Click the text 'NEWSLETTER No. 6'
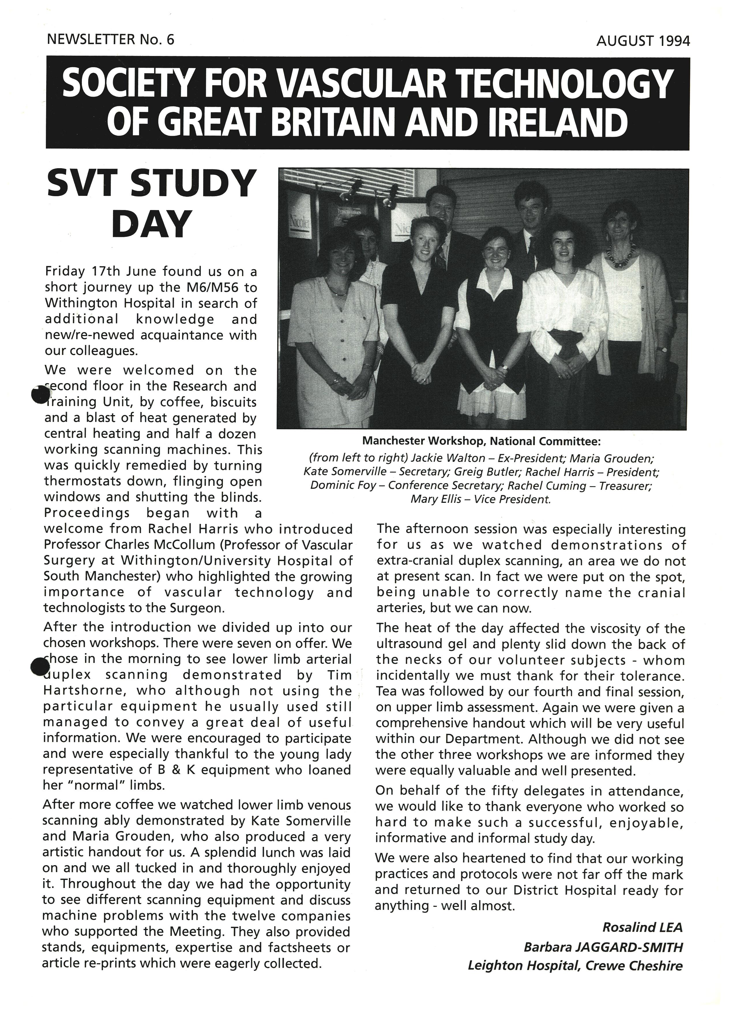tap(110, 40)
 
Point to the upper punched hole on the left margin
tap(41, 394)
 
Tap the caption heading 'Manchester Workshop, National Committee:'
tap(481, 441)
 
